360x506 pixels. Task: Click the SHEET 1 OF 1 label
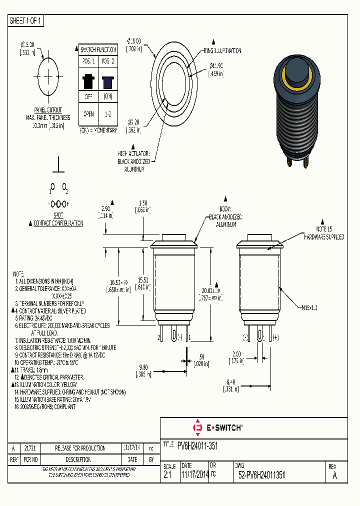(26, 20)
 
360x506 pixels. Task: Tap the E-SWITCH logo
(217, 427)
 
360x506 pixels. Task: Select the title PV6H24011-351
(197, 445)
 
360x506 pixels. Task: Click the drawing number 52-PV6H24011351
(262, 476)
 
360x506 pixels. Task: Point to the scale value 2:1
(167, 476)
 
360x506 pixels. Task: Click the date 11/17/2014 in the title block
(194, 476)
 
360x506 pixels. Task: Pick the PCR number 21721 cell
(29, 448)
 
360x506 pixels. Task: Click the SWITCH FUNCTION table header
(98, 49)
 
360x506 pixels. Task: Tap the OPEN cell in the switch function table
(88, 114)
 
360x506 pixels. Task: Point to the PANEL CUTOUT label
(48, 109)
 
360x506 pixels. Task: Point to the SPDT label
(58, 213)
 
